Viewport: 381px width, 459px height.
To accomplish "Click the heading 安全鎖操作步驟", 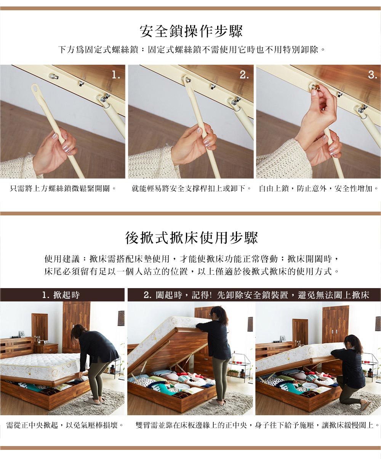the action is [x=191, y=31].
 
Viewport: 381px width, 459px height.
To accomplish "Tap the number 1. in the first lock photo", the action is [x=116, y=75].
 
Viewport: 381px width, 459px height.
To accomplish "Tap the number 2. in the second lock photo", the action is [x=244, y=75].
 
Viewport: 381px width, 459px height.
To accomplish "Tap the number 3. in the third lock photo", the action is [x=373, y=75].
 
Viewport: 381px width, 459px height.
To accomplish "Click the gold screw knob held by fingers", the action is [x=317, y=88].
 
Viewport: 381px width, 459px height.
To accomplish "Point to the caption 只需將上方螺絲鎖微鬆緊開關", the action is [x=63, y=188].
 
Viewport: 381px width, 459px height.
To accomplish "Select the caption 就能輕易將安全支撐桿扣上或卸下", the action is [x=191, y=188].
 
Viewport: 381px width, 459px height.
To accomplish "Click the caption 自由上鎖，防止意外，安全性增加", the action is [x=319, y=188].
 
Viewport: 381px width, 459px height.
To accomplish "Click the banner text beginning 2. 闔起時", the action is [x=256, y=295].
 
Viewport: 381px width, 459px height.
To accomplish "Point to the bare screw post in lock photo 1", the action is [x=53, y=76].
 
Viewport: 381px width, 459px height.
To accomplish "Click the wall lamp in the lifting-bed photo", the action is [x=121, y=318].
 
